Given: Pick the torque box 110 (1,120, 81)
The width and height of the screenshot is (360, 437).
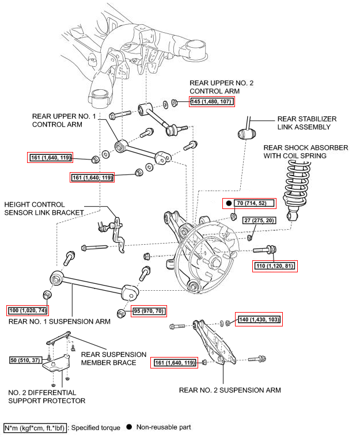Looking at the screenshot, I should coord(276,265).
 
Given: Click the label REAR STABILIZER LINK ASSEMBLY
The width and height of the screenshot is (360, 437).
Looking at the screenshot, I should coord(306,123).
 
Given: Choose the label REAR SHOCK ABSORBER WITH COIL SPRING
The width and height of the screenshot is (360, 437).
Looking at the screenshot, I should coord(305,151).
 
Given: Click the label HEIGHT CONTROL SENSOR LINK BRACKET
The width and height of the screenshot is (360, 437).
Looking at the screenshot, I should coord(43,208).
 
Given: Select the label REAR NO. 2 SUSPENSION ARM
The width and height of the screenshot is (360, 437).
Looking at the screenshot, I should coord(230,390).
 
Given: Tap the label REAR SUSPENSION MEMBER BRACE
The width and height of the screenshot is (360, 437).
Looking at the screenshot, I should coord(113,358).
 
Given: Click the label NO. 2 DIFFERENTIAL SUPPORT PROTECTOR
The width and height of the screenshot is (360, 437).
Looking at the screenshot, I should coord(47,396).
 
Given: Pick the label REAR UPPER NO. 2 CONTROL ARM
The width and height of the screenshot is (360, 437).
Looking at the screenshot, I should coord(221,86).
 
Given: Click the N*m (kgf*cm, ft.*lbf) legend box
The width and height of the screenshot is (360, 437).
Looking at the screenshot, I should coord(36,427).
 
